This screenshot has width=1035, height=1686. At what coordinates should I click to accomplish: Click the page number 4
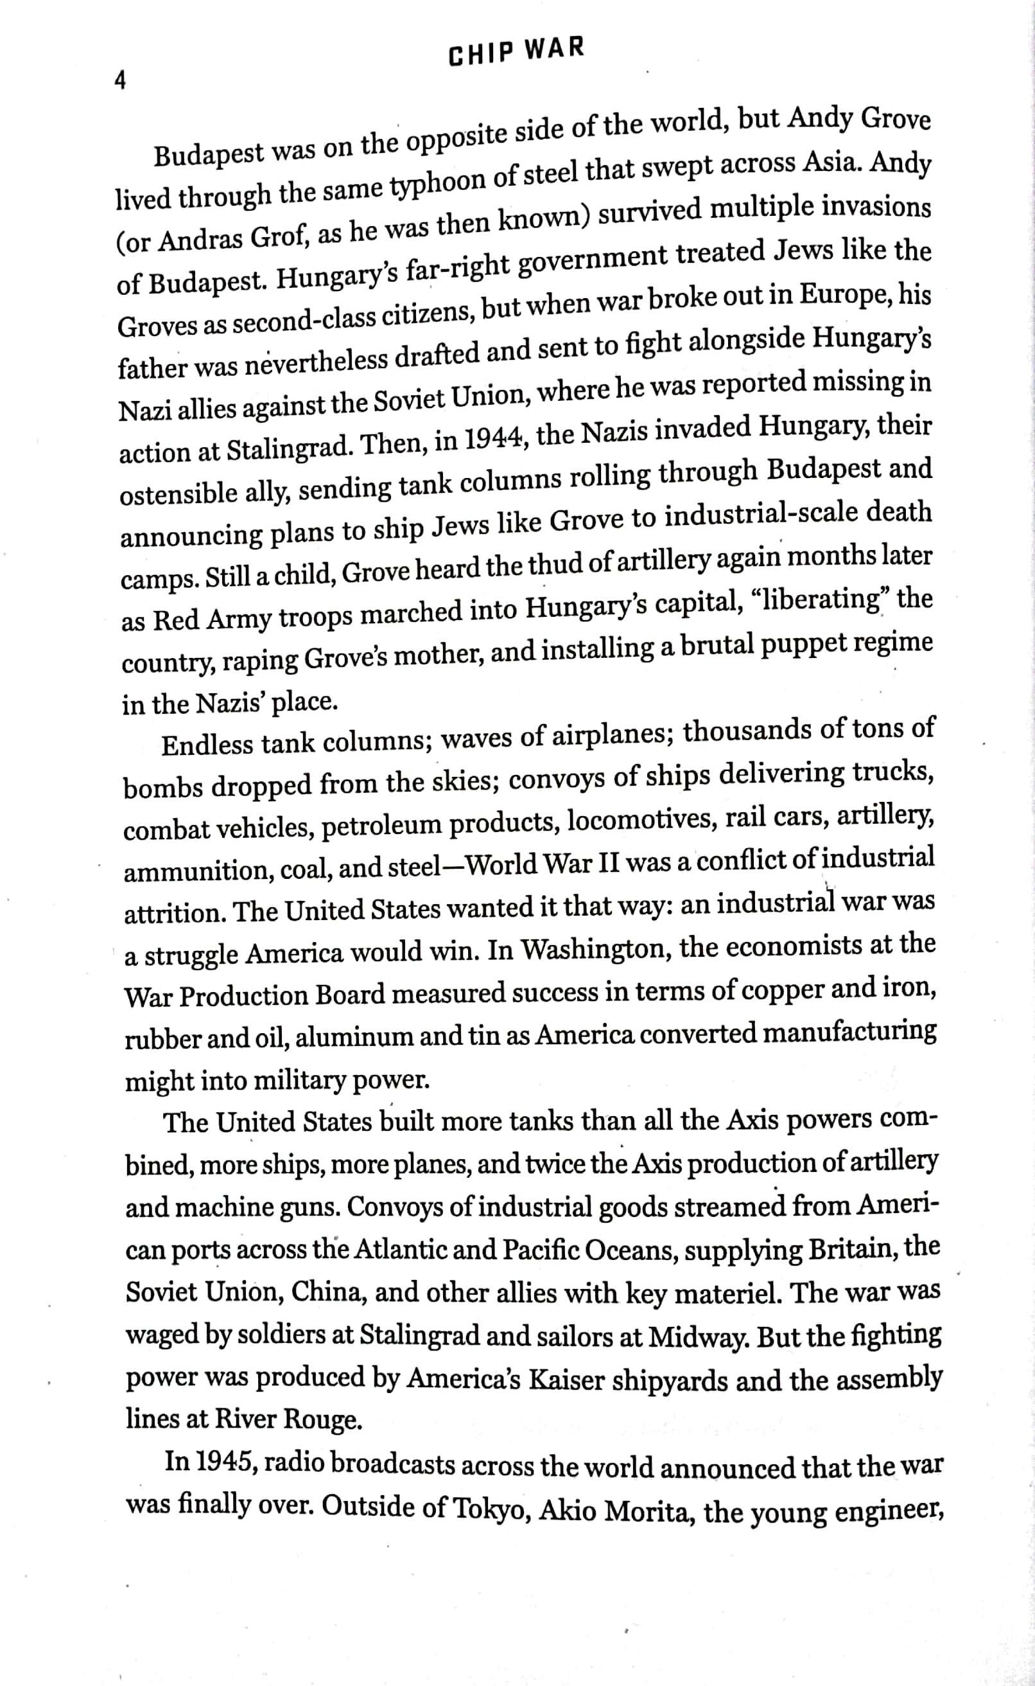coord(121,81)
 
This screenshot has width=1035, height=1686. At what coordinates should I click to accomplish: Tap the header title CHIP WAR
coord(516,51)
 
